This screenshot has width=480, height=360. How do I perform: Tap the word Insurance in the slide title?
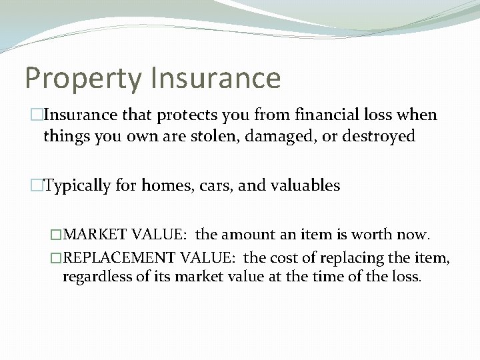[x=215, y=77]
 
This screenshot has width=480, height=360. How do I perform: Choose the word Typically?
[x=77, y=186]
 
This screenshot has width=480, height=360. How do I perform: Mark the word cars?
[x=211, y=186]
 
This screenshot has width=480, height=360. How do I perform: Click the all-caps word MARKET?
[x=97, y=235]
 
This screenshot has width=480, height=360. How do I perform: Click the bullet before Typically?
[x=38, y=186]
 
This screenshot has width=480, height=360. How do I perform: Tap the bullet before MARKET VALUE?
[x=57, y=235]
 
